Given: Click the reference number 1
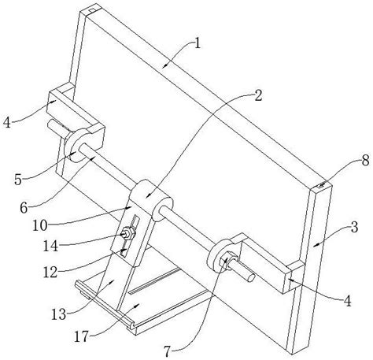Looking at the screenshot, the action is pyautogui.click(x=198, y=43).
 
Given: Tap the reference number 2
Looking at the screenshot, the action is pyautogui.click(x=258, y=95).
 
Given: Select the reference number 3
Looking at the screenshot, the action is pyautogui.click(x=354, y=227).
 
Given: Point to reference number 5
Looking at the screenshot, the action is pyautogui.click(x=18, y=180).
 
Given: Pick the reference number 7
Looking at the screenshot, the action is pyautogui.click(x=168, y=352).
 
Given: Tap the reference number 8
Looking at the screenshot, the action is pyautogui.click(x=365, y=160).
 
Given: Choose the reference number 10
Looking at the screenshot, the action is pyautogui.click(x=40, y=225).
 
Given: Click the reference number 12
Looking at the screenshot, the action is pyautogui.click(x=50, y=273).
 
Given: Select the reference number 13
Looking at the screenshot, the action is pyautogui.click(x=58, y=314).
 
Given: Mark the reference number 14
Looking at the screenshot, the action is pyautogui.click(x=50, y=246).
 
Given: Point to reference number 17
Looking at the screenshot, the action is pyautogui.click(x=81, y=336).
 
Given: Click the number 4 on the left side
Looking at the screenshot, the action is pyautogui.click(x=7, y=122).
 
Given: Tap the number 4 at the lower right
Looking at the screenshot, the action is pyautogui.click(x=347, y=301).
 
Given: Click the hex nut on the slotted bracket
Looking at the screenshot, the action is pyautogui.click(x=127, y=233).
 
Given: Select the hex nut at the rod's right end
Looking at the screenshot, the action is pyautogui.click(x=227, y=260).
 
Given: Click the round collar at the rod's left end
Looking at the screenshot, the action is pyautogui.click(x=76, y=145).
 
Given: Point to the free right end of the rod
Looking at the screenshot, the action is pyautogui.click(x=251, y=278).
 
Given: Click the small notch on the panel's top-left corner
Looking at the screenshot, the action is pyautogui.click(x=91, y=10).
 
